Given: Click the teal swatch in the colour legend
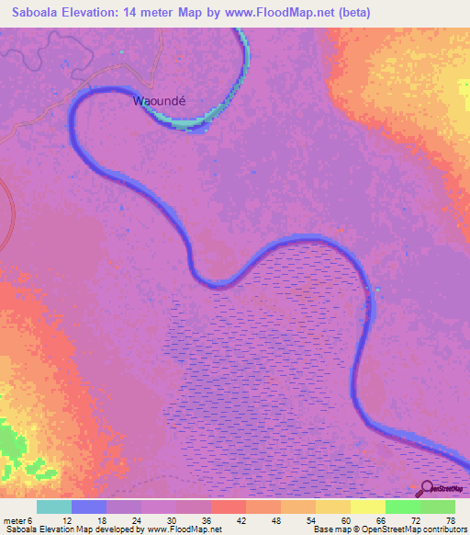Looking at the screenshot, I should pos(54,507).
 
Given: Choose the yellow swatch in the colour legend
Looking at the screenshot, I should pos(367,507).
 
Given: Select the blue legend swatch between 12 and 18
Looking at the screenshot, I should pos(89,507).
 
